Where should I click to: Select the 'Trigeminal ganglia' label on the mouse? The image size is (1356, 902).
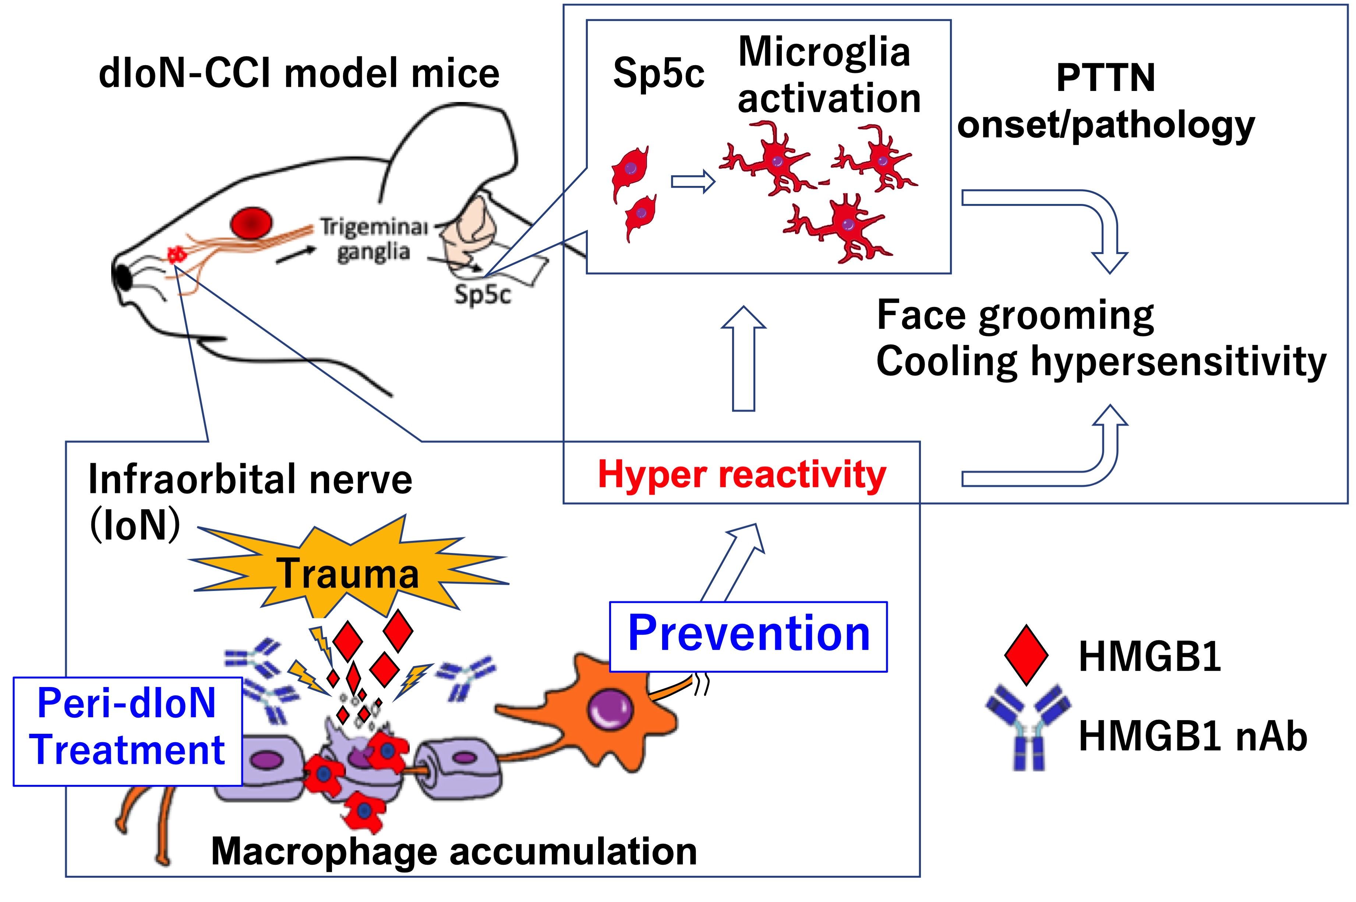pos(374,239)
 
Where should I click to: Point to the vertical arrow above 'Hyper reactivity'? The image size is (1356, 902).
pos(744,360)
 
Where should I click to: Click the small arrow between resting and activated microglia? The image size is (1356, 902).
pos(692,182)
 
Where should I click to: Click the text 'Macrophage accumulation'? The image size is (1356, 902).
pos(454,851)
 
